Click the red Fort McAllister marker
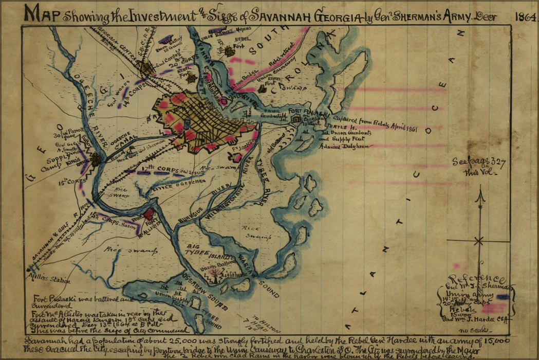click(x=149, y=214)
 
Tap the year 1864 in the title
click(x=526, y=16)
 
